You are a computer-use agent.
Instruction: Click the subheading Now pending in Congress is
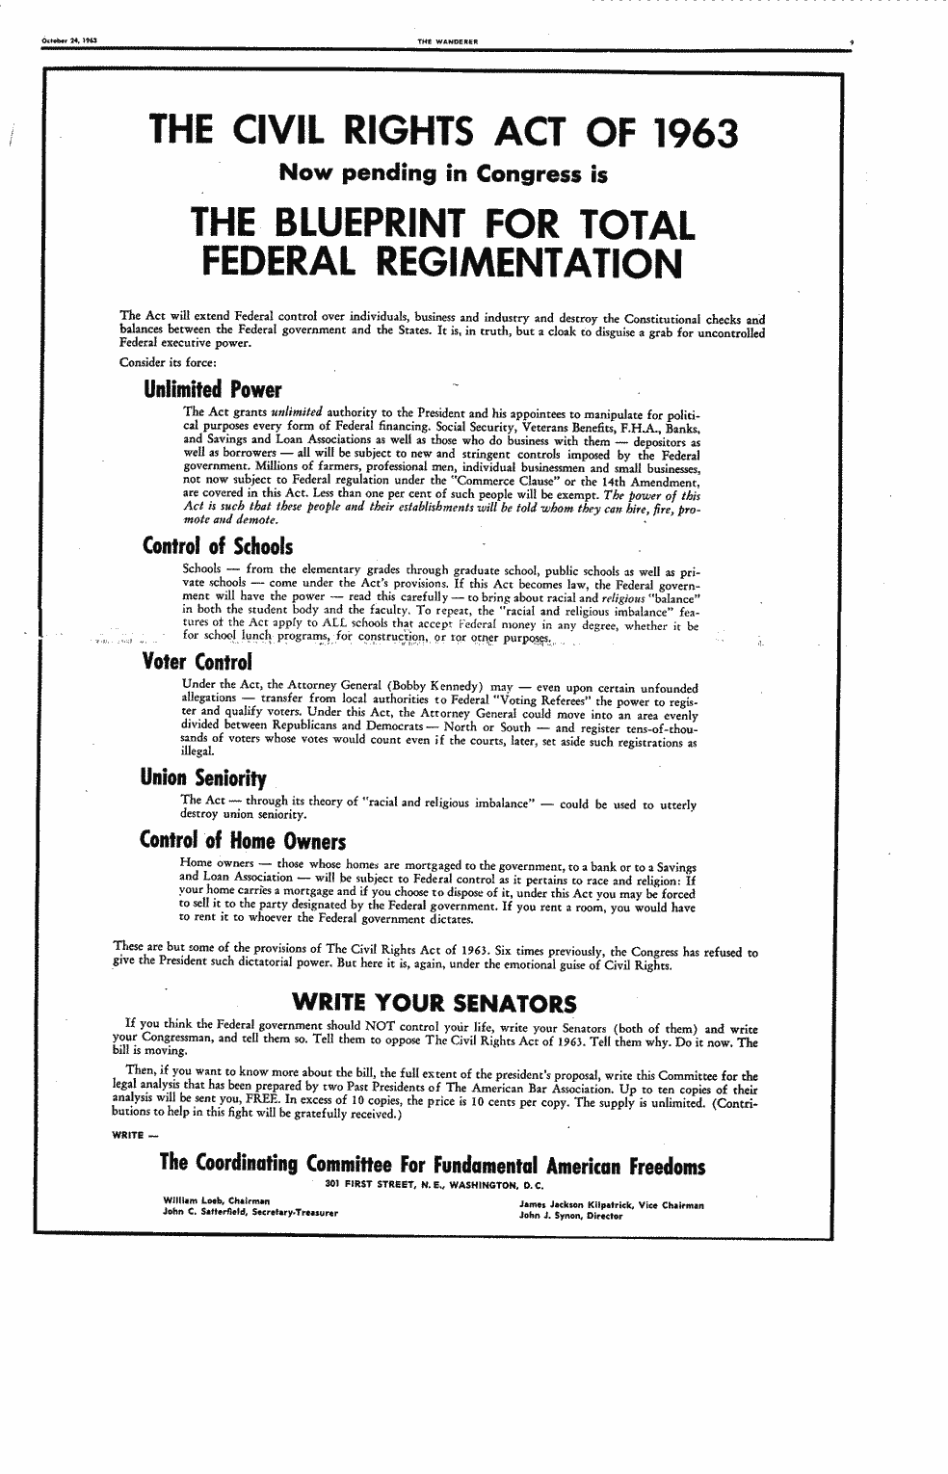[x=443, y=174]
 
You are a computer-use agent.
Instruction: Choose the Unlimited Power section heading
[x=212, y=390]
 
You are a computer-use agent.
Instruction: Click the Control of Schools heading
[x=217, y=546]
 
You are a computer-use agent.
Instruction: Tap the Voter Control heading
[x=197, y=663]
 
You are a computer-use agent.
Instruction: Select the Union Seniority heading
[x=203, y=776]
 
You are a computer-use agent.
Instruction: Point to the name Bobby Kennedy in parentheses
[x=482, y=688]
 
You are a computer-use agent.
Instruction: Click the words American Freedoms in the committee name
[x=627, y=1165]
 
